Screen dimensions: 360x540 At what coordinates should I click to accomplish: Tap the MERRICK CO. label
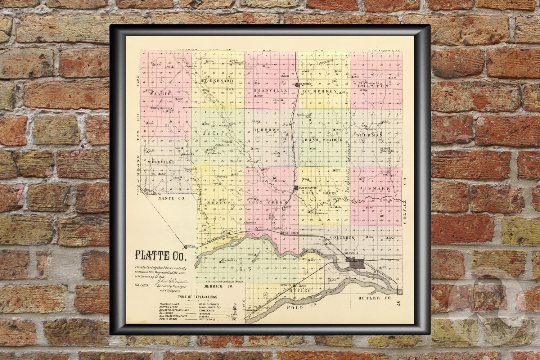click(x=216, y=287)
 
